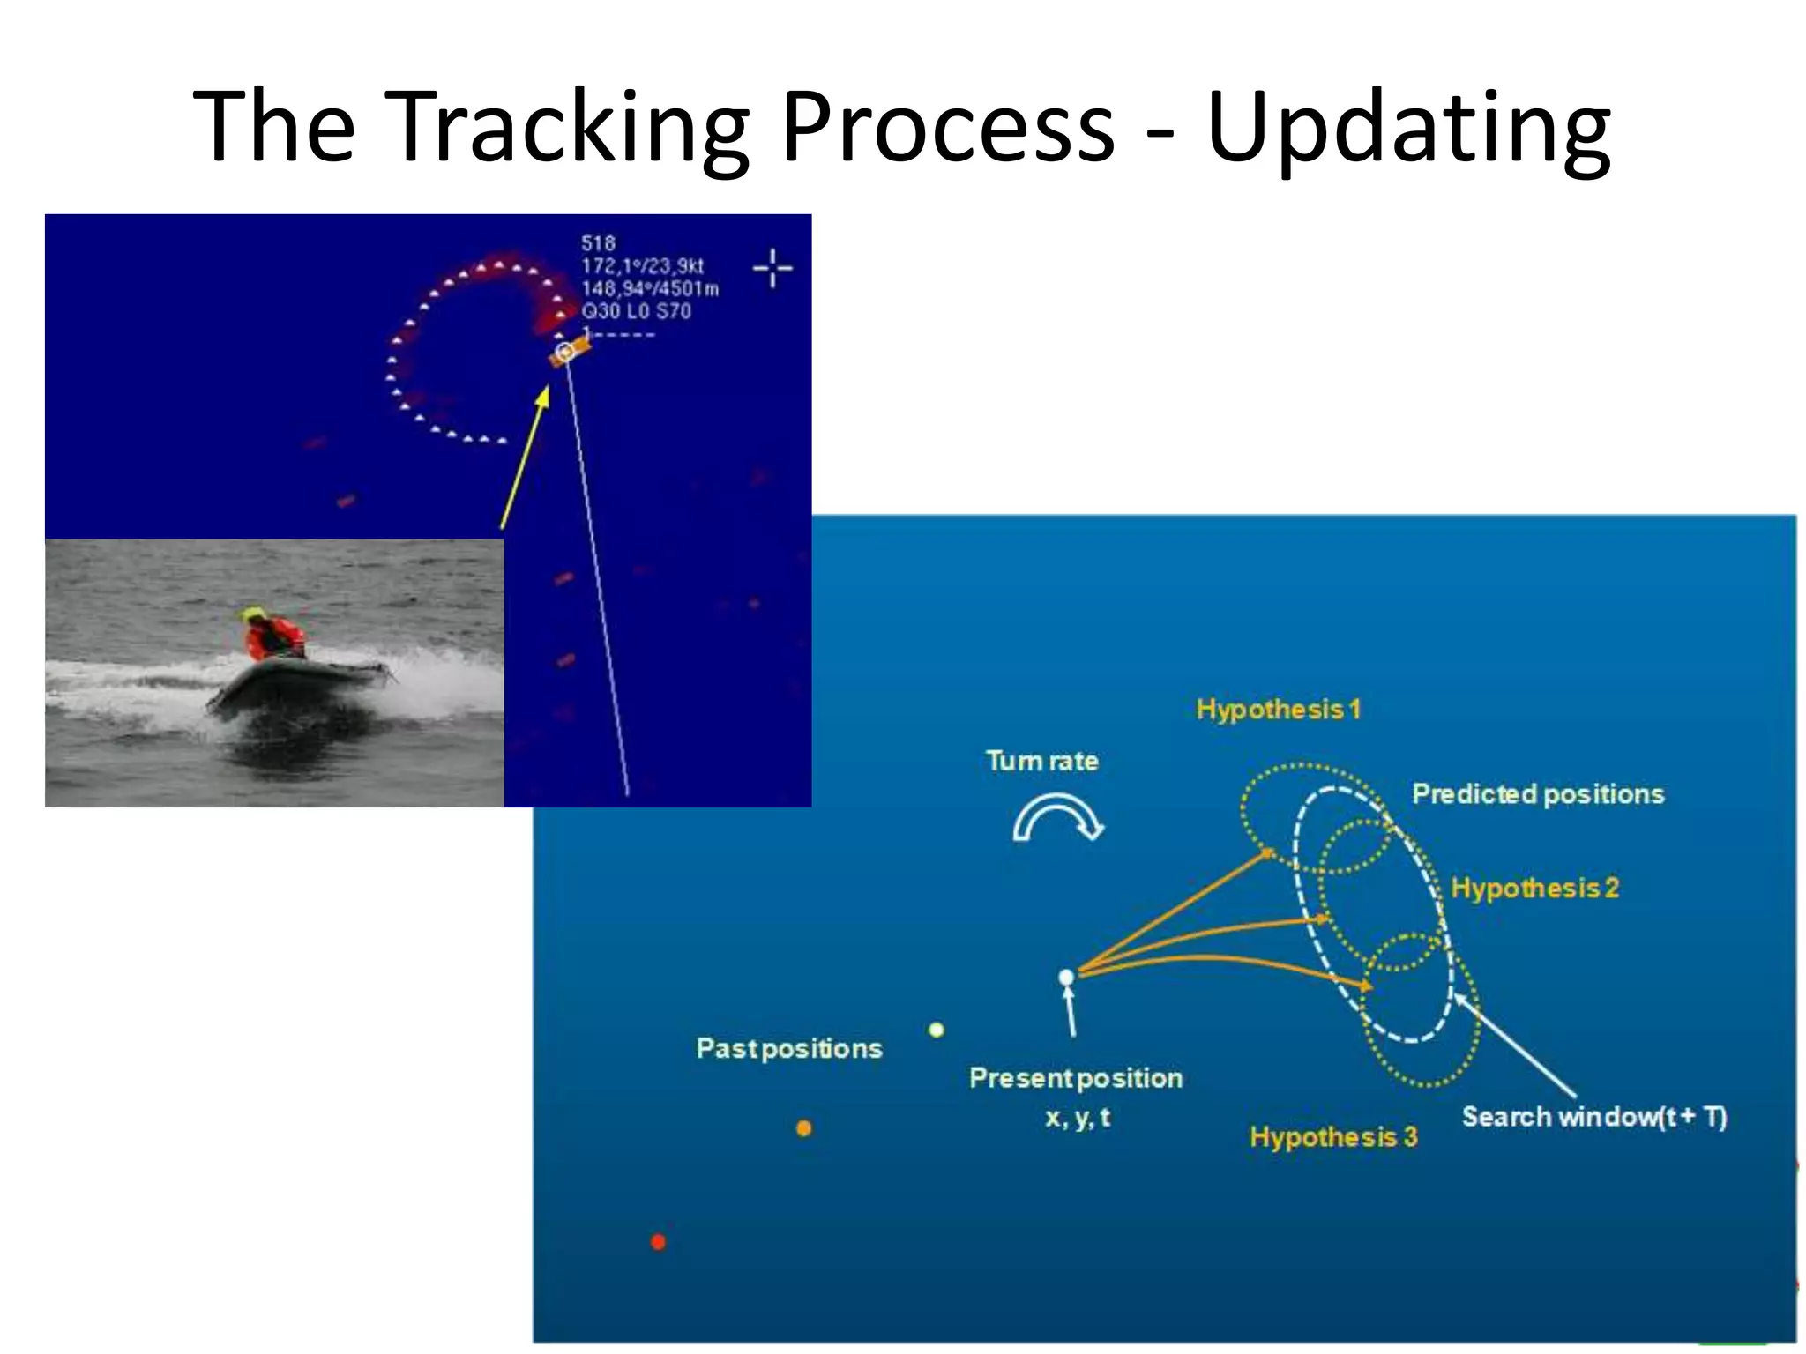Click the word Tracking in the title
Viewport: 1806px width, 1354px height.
(564, 128)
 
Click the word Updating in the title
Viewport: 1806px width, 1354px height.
(1408, 128)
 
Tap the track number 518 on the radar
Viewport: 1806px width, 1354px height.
(598, 243)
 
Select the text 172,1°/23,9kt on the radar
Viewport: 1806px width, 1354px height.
(642, 266)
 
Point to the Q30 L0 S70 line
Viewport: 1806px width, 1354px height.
(636, 311)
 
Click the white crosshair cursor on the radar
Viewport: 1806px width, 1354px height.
(772, 268)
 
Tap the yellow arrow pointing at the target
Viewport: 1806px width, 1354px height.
(526, 458)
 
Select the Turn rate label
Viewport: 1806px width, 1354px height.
(1041, 761)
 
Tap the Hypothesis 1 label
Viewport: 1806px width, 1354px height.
(1278, 710)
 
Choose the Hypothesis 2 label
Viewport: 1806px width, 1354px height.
(1534, 888)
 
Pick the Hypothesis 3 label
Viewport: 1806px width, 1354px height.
(1333, 1137)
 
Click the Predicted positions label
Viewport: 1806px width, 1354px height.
(1538, 794)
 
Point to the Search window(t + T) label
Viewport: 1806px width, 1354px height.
(1593, 1117)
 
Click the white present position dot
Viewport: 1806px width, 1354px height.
(1066, 977)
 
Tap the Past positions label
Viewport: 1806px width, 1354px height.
(789, 1048)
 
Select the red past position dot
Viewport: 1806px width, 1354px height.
(658, 1242)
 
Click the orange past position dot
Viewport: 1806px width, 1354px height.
(803, 1128)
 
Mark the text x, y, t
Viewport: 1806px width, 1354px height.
(1077, 1118)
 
